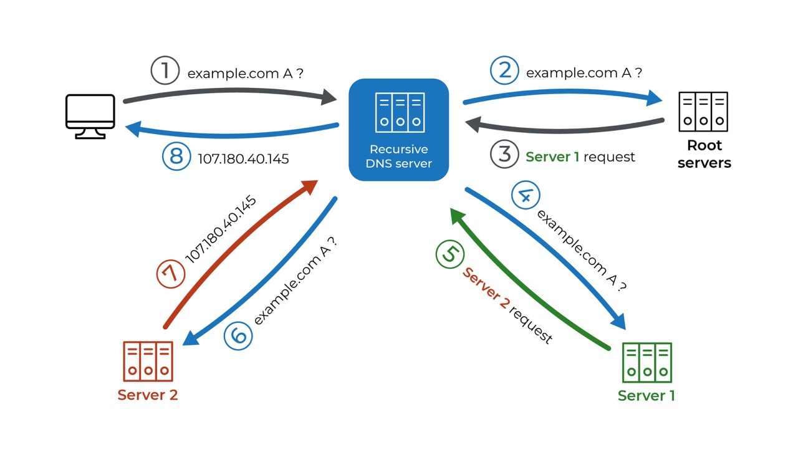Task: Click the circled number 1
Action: pyautogui.click(x=165, y=70)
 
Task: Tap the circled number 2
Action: pyautogui.click(x=504, y=70)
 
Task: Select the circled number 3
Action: pyautogui.click(x=504, y=155)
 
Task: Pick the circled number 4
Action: pyautogui.click(x=526, y=196)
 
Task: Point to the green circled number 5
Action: pyautogui.click(x=450, y=255)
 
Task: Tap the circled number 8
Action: pyautogui.click(x=176, y=156)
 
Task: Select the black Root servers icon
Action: pyautogui.click(x=703, y=112)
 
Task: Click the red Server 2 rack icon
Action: pyautogui.click(x=148, y=362)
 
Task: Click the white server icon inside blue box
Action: pyautogui.click(x=400, y=112)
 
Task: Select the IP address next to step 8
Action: pyautogui.click(x=243, y=159)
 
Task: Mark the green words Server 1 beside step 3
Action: pyautogui.click(x=552, y=157)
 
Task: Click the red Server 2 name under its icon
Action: pyautogui.click(x=148, y=395)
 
